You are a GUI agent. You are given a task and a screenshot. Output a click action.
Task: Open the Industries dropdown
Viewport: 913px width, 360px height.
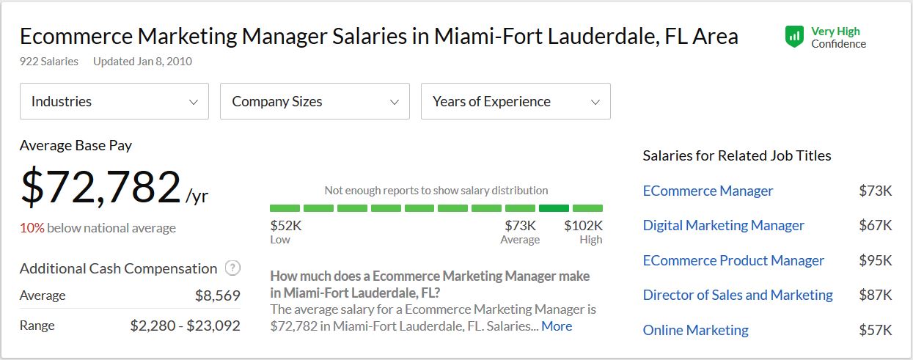114,101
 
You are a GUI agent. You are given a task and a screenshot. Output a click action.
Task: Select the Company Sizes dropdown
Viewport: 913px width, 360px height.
315,101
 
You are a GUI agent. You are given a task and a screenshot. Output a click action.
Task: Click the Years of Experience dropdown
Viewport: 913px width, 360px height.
516,101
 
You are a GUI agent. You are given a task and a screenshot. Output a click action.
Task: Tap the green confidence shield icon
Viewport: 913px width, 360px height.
794,37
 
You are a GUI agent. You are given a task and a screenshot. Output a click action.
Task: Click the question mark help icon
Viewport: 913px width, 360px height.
233,268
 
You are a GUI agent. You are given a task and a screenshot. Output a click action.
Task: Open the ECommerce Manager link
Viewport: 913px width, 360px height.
708,191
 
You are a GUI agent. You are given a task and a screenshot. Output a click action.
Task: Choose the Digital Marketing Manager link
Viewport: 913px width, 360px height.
723,225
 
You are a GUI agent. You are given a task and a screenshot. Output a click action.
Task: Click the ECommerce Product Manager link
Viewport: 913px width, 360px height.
733,260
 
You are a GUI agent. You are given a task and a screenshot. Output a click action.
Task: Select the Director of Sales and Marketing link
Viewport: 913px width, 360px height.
738,295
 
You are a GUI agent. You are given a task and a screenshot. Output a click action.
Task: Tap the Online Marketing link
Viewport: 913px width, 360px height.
695,330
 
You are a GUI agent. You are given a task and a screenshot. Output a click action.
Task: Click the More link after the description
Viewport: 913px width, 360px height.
557,326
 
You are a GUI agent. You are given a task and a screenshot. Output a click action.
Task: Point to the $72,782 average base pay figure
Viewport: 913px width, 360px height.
101,187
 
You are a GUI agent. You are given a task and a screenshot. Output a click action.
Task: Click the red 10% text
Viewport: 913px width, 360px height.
32,228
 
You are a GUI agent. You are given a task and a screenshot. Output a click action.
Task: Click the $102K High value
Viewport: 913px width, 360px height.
583,226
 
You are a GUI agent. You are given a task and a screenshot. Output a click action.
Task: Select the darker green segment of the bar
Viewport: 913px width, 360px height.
554,208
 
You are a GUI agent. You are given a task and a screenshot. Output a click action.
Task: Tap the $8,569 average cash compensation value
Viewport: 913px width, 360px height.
217,295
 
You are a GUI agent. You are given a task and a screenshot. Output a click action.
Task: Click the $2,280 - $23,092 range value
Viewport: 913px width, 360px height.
185,326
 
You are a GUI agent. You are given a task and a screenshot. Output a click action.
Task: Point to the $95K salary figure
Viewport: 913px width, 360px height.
875,260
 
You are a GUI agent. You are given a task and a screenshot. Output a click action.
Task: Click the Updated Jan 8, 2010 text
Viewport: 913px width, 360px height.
142,62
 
